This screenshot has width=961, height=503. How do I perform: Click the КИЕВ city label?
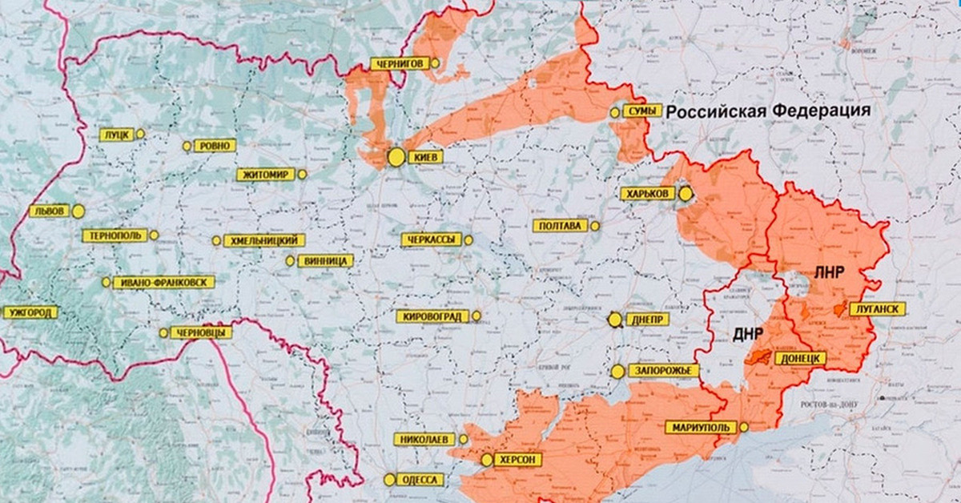[x=424, y=158]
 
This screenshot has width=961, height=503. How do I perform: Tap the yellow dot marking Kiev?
[x=396, y=158]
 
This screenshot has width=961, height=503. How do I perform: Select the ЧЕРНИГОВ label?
[x=398, y=63]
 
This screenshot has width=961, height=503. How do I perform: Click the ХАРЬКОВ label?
[x=647, y=193]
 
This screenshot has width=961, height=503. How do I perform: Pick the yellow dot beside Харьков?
[x=686, y=193]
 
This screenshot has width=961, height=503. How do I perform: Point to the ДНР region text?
[x=747, y=332]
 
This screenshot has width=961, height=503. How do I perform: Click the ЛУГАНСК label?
[x=879, y=308]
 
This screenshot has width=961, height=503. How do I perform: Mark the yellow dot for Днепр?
[x=615, y=320]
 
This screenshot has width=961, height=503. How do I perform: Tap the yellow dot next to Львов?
[x=78, y=211]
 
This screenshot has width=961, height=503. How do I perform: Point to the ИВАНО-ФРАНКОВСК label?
[x=163, y=282]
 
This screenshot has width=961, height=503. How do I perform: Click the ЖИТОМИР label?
[x=267, y=174]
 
